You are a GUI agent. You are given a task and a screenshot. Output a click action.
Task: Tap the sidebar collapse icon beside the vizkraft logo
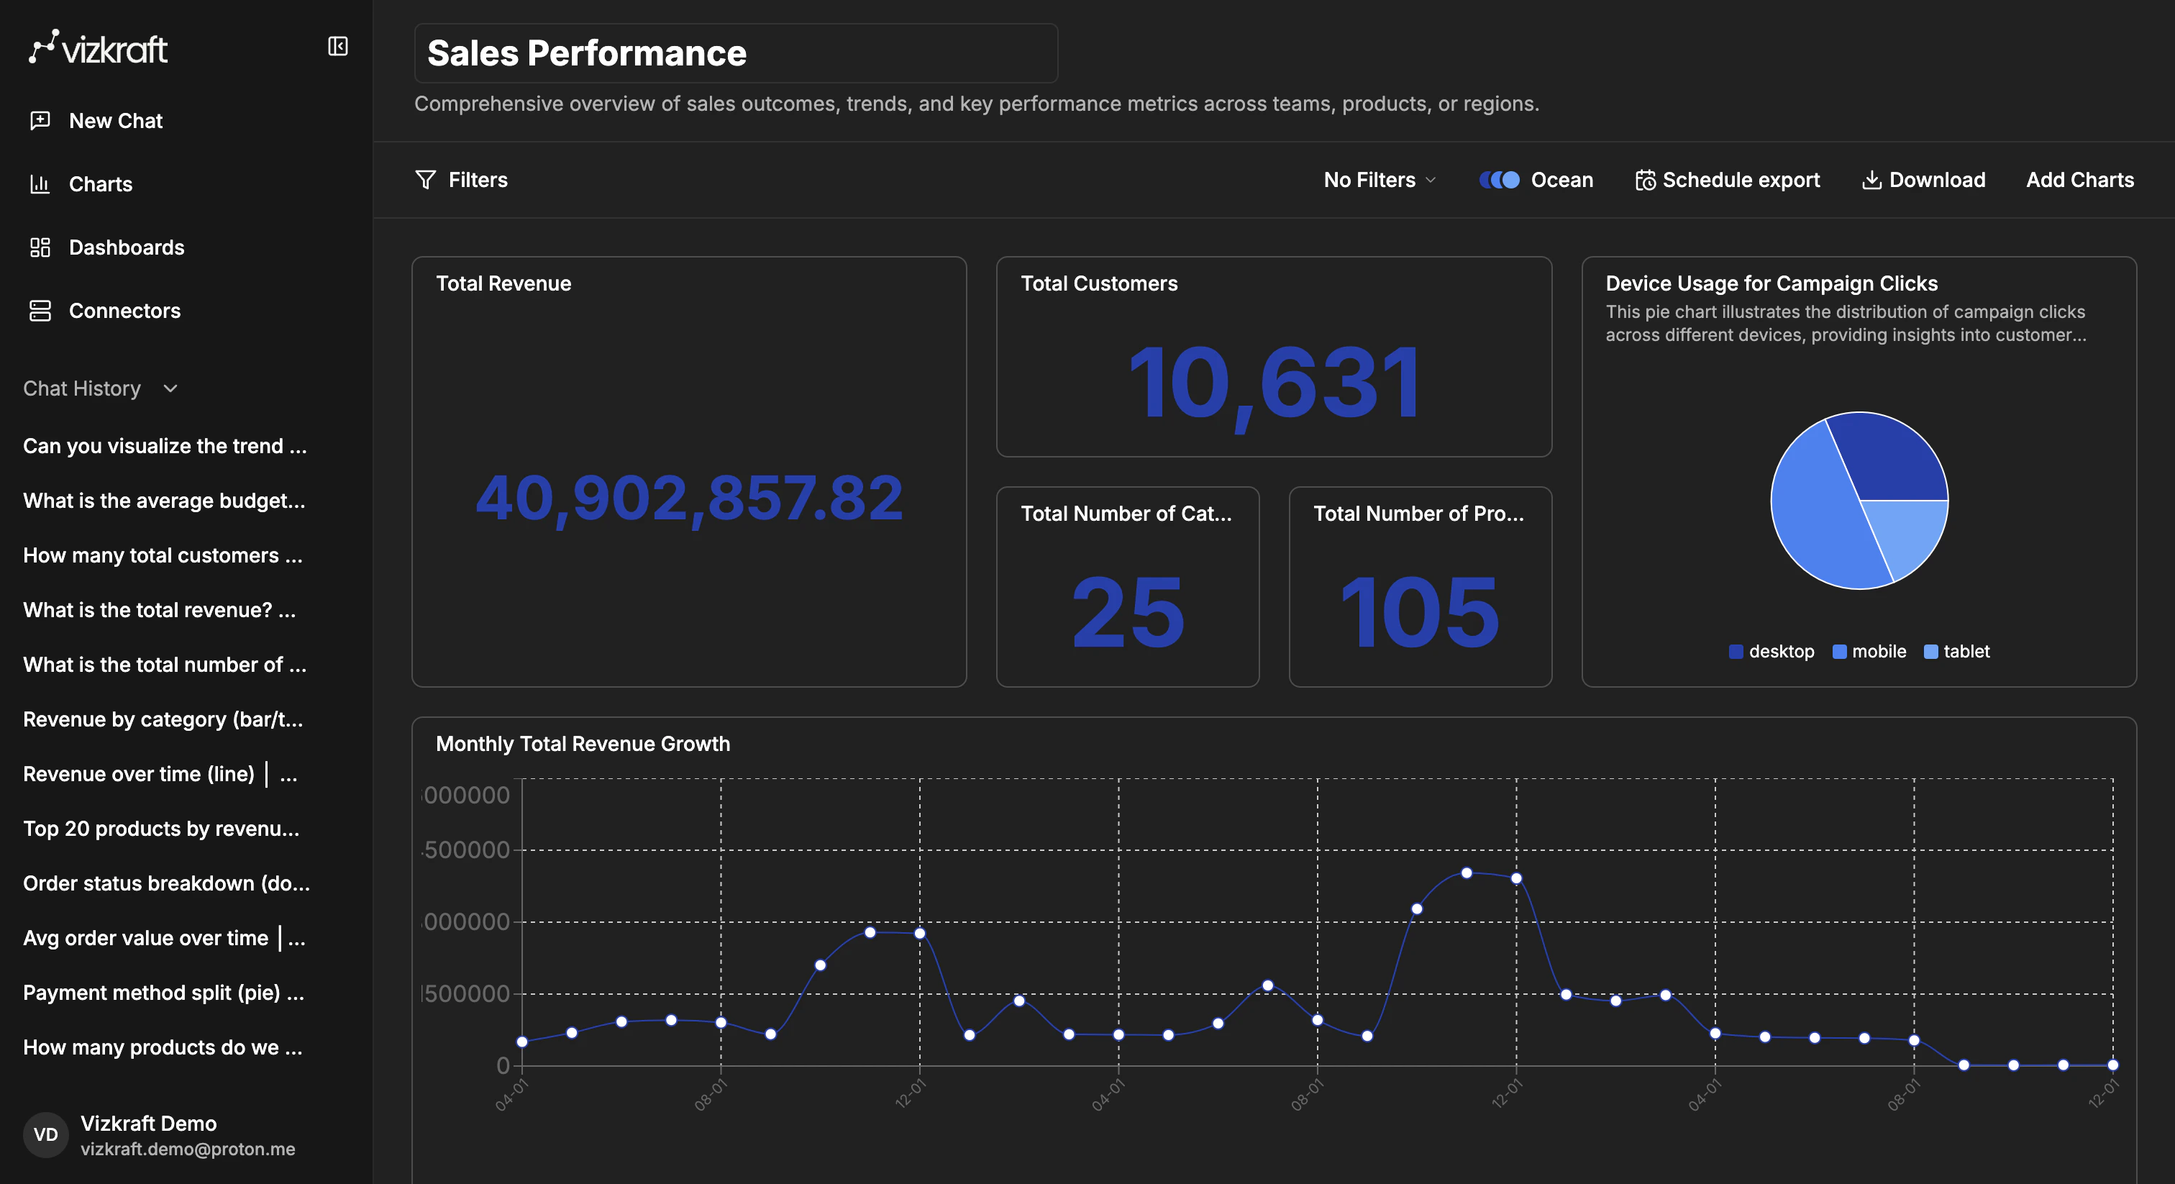pyautogui.click(x=337, y=47)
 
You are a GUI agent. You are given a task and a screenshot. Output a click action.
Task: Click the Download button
pyautogui.click(x=1923, y=180)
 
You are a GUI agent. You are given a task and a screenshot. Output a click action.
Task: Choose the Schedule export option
pyautogui.click(x=1728, y=180)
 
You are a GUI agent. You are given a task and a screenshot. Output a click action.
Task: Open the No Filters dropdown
pyautogui.click(x=1379, y=180)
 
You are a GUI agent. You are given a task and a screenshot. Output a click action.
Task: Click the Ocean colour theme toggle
pyautogui.click(x=1500, y=180)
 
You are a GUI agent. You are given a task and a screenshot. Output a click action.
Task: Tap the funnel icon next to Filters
pyautogui.click(x=426, y=180)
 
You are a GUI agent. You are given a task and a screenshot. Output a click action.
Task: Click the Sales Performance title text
pyautogui.click(x=586, y=53)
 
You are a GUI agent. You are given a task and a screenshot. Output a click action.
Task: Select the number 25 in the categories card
pyautogui.click(x=1127, y=612)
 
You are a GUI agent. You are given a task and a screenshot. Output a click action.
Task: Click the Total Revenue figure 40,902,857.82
pyautogui.click(x=689, y=498)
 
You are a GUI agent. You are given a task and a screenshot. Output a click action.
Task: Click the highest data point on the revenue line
pyautogui.click(x=1467, y=873)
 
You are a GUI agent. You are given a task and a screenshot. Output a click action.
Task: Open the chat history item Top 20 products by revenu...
pyautogui.click(x=161, y=829)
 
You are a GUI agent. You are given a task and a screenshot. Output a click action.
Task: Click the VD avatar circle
pyautogui.click(x=45, y=1134)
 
